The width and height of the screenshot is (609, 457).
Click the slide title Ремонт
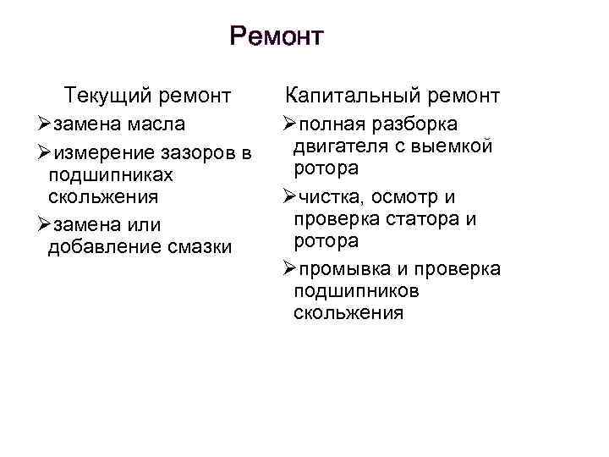(277, 37)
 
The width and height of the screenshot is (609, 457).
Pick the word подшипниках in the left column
(111, 175)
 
